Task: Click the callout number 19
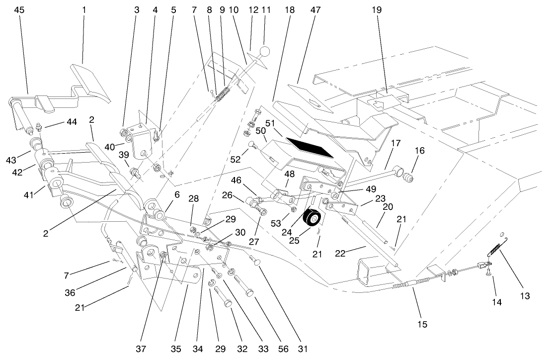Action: [376, 9]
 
